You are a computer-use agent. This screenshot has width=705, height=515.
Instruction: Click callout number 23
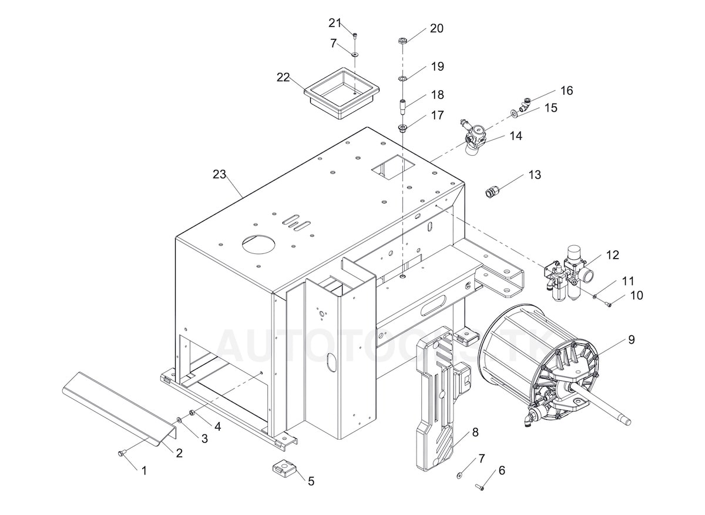pos(219,174)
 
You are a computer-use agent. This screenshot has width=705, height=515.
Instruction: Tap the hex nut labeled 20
pos(402,41)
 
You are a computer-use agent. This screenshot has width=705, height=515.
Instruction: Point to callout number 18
pos(437,95)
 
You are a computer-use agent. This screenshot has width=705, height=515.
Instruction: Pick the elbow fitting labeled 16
pos(526,103)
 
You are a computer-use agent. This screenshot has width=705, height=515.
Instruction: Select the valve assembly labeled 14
pos(475,136)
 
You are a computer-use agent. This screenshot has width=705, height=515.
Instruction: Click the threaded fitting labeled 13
pos(493,191)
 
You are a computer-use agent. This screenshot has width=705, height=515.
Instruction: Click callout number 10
pos(636,295)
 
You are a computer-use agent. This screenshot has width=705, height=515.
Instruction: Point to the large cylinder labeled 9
pos(540,370)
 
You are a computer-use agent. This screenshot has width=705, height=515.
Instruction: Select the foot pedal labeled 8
pos(438,400)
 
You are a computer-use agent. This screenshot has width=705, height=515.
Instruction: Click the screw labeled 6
pos(479,487)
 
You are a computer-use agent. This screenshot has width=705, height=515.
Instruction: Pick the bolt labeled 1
pos(122,453)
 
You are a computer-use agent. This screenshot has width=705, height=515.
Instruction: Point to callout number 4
pos(217,427)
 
